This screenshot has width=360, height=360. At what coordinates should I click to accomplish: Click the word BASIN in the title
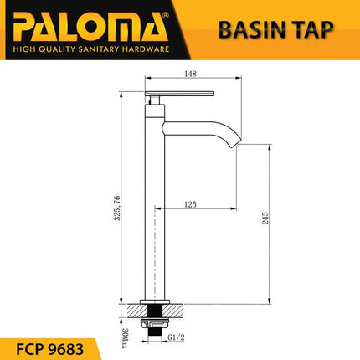click(249, 30)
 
